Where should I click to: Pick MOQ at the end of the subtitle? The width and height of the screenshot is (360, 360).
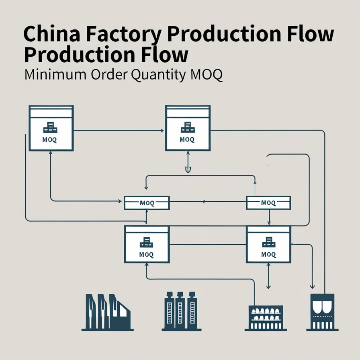(x=207, y=75)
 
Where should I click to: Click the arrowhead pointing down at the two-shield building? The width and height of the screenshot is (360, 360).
(x=312, y=286)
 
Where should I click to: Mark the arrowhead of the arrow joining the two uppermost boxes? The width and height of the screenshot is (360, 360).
(x=162, y=131)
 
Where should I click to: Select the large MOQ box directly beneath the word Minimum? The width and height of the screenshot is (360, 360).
(x=51, y=128)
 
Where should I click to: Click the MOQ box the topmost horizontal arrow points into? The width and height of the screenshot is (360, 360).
(x=188, y=128)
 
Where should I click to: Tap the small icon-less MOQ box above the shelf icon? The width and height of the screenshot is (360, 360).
(x=268, y=202)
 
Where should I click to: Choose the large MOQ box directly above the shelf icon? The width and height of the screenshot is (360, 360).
(x=268, y=244)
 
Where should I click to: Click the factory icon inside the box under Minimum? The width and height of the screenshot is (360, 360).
(x=51, y=127)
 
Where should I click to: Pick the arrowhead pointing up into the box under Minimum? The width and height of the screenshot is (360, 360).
(x=51, y=153)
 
